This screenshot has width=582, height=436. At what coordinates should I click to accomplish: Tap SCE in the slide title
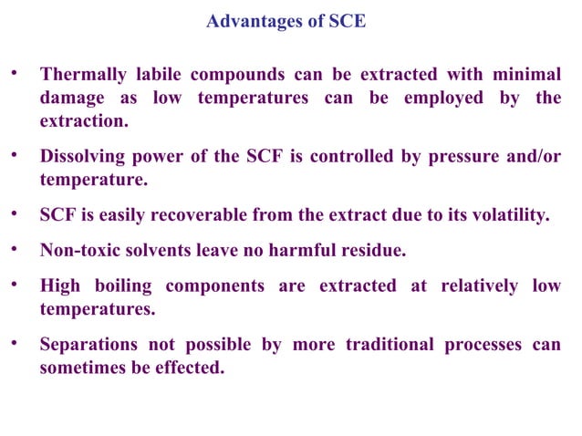[x=347, y=21]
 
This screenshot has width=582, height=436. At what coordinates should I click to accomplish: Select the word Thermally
[x=85, y=75]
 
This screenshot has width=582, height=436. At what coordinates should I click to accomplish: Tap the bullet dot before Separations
[x=15, y=344]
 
